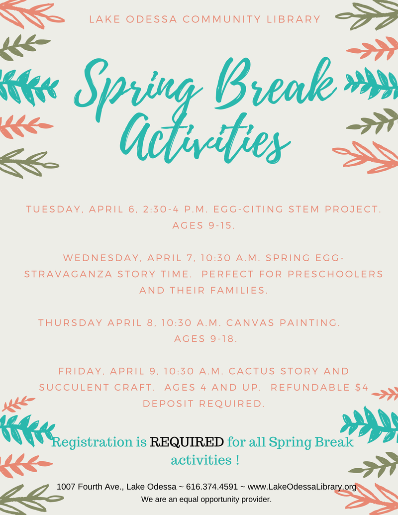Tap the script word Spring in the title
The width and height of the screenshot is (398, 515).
137,87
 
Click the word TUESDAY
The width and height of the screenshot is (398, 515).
53,209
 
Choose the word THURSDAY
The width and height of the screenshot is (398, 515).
70,323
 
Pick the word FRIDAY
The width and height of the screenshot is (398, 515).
80,372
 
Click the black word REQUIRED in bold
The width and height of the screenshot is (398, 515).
187,442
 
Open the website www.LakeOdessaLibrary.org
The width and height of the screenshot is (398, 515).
301,487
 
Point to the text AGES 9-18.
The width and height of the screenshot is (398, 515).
205,339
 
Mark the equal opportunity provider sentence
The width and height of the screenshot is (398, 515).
206,499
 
